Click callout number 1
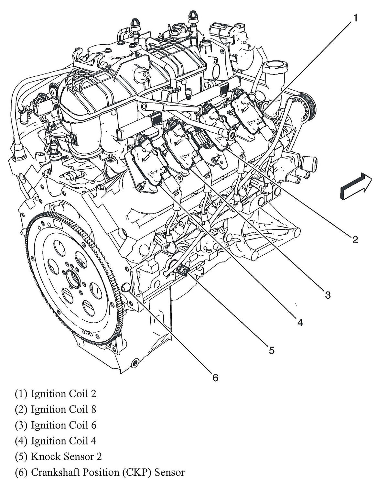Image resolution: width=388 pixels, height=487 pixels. click(x=355, y=18)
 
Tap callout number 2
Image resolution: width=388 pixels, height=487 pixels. click(x=355, y=239)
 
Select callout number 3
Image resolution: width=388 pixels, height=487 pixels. click(x=328, y=295)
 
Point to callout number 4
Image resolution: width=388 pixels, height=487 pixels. click(x=300, y=322)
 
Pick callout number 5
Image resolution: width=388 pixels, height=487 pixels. click(x=271, y=350)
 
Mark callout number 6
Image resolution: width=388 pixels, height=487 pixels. click(x=215, y=377)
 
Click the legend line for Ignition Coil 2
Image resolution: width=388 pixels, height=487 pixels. click(x=56, y=394)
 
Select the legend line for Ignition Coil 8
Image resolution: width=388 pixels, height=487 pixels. click(x=56, y=409)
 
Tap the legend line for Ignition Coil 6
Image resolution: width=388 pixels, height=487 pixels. click(x=56, y=425)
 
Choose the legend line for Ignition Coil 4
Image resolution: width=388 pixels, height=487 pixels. click(x=56, y=441)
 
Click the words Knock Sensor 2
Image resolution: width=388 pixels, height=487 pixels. click(x=66, y=456)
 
